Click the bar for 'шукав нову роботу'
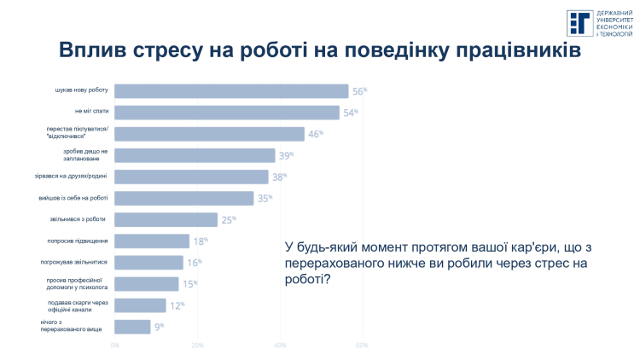(230, 91)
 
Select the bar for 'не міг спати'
(226, 113)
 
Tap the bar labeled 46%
(209, 134)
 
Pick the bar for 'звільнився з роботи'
(166, 219)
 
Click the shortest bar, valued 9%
(132, 326)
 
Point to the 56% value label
(359, 91)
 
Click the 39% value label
(286, 155)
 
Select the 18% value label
(200, 241)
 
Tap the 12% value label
(176, 305)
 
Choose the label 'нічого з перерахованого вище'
(72, 326)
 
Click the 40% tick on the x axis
(279, 345)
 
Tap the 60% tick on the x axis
(361, 345)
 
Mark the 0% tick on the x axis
(115, 345)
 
